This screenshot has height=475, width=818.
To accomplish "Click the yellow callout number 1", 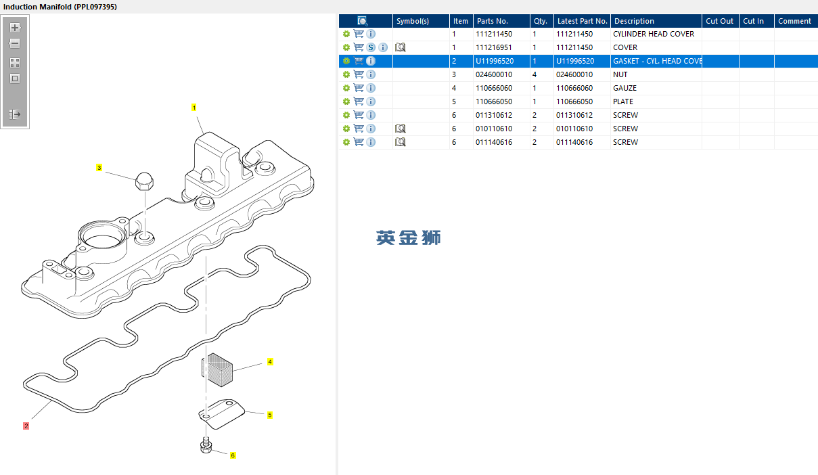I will tap(194, 108).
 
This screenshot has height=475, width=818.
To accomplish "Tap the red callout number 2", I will tap(26, 426).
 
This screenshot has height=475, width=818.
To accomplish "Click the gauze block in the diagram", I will tap(218, 369).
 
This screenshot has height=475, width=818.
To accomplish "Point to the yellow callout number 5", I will tap(270, 415).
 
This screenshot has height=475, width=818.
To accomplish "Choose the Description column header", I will tap(634, 21).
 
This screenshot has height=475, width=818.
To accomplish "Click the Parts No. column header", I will tap(492, 21).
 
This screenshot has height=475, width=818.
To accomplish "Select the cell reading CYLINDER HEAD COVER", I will tap(653, 34).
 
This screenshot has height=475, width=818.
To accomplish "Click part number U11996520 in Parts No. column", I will tap(494, 61).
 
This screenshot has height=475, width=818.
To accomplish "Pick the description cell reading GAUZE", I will tap(624, 88).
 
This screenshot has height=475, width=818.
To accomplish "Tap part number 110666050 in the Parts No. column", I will tap(494, 101).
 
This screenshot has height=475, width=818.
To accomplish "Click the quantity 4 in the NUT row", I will tap(535, 74).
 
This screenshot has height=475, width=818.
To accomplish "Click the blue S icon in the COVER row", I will tap(371, 47).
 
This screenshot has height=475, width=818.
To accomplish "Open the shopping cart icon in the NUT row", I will tap(359, 74).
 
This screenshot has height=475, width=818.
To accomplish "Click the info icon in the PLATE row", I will tap(371, 101).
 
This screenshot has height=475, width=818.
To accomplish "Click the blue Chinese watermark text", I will tap(409, 237).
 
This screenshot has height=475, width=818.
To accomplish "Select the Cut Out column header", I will tap(719, 21).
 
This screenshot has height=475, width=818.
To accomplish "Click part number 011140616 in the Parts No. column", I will tap(494, 142).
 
